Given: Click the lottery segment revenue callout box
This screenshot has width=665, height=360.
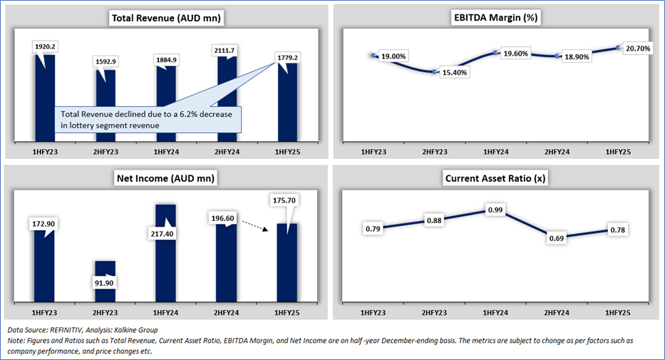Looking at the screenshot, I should pos(148,119).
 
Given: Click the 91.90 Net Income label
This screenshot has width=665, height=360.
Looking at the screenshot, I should pos(105,282).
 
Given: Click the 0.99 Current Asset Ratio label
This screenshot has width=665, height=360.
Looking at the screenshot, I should pos(496,210).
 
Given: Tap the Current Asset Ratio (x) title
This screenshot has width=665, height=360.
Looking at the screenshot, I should pos(495,178).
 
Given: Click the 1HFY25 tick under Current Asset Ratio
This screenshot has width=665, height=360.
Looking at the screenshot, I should pos(617,314).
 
